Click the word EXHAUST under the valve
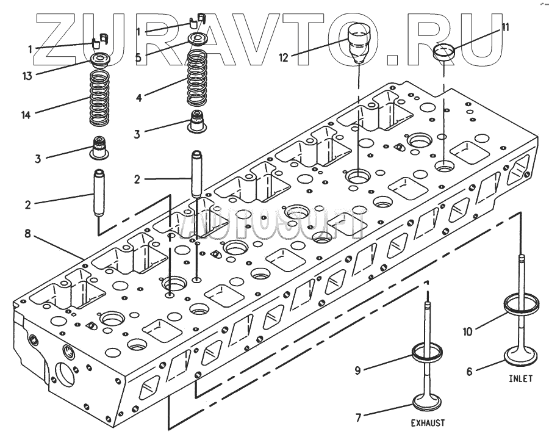click(427, 422)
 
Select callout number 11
click(505, 27)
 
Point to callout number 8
click(27, 233)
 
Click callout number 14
click(26, 114)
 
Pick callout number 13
click(27, 76)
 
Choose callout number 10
click(467, 332)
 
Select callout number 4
click(140, 96)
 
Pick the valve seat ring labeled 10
click(522, 303)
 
